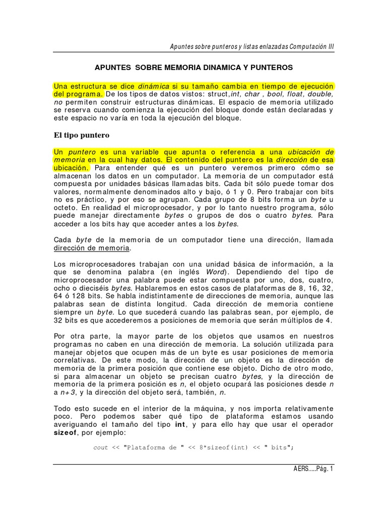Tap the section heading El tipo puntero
(x=81, y=135)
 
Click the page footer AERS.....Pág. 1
(x=313, y=468)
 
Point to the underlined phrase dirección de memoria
(x=92, y=248)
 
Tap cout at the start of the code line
(x=101, y=447)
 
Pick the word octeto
(x=66, y=207)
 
